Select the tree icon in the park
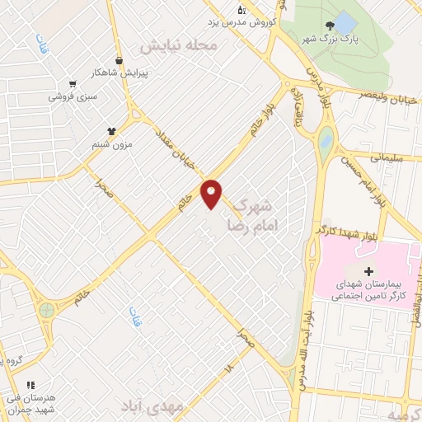coord(331,27)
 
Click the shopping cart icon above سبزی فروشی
coord(73,83)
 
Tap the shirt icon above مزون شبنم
coord(112,130)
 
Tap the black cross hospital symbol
coord(368,271)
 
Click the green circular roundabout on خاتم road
coord(47,311)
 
